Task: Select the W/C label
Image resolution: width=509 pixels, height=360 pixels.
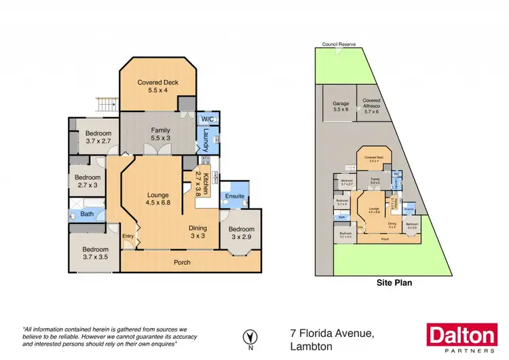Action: (208, 120)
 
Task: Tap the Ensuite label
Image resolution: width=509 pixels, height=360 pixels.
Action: (235, 197)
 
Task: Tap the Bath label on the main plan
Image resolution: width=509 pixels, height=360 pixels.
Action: (86, 214)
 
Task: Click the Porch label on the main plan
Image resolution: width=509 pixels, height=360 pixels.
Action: (181, 262)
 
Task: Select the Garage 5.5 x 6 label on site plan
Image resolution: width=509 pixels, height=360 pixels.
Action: (340, 107)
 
